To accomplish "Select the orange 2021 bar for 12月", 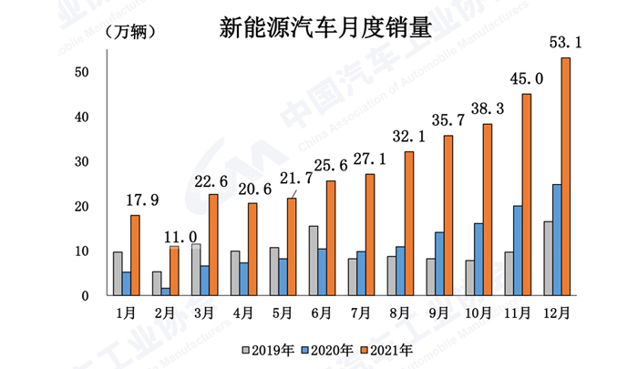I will tap(565, 176).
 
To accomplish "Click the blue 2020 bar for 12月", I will tap(555, 240).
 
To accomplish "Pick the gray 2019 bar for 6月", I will tap(313, 260).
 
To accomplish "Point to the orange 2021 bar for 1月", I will tap(135, 254).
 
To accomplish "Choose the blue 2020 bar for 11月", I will tap(517, 250).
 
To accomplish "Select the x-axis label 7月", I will tap(360, 313).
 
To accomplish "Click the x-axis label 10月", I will tap(477, 313).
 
